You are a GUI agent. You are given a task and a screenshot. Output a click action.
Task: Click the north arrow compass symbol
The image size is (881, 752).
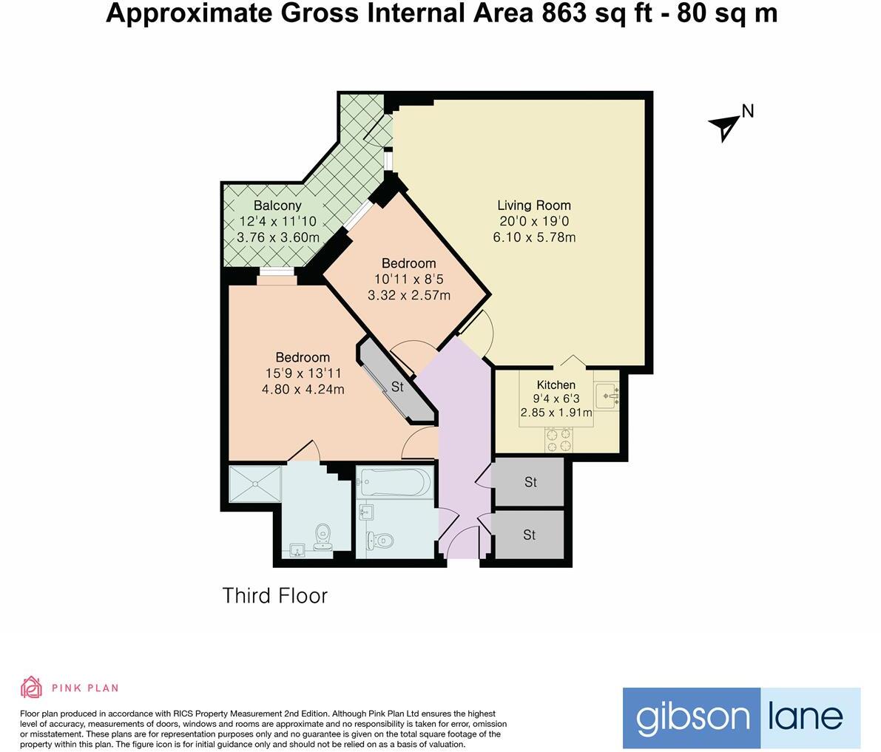(x=725, y=126)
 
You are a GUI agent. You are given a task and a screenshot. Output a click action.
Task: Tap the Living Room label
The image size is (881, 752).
(x=533, y=205)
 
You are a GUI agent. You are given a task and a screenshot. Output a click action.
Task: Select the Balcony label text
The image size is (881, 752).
(x=277, y=206)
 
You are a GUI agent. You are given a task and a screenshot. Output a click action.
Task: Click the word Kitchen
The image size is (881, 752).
(x=556, y=385)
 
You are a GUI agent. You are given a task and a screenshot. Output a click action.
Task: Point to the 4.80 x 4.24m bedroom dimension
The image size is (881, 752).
(x=304, y=390)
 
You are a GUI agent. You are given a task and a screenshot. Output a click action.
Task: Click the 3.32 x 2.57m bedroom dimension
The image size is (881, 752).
(x=408, y=295)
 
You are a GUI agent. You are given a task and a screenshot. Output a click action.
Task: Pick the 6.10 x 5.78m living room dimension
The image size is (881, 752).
(x=534, y=237)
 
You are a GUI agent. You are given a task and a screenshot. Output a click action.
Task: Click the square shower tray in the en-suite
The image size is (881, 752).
(x=255, y=484)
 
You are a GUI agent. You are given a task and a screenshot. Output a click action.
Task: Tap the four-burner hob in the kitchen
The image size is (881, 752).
(x=558, y=440)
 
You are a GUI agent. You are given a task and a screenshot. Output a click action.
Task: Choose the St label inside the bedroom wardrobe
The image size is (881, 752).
(x=397, y=387)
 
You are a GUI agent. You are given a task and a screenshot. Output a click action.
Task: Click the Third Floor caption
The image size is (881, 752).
(x=274, y=595)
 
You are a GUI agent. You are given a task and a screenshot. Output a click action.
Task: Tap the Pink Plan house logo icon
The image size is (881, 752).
(x=31, y=688)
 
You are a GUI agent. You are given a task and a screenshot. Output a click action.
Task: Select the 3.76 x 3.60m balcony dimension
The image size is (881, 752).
(x=278, y=237)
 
